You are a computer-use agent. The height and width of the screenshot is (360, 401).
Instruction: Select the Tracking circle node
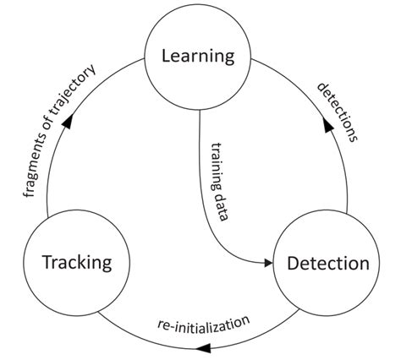click(77, 261)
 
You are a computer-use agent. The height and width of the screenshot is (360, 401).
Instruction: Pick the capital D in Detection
click(292, 263)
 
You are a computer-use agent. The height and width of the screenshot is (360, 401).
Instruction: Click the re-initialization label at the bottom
click(203, 324)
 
